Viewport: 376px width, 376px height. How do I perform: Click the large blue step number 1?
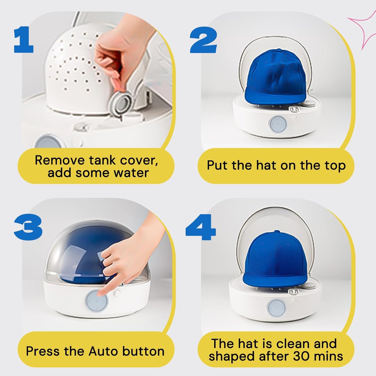tap(24, 40)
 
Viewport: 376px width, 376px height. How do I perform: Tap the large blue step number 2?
tap(203, 40)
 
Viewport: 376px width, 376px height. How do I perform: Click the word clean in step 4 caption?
tap(292, 344)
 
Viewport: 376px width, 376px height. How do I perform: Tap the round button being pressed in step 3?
tap(97, 300)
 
